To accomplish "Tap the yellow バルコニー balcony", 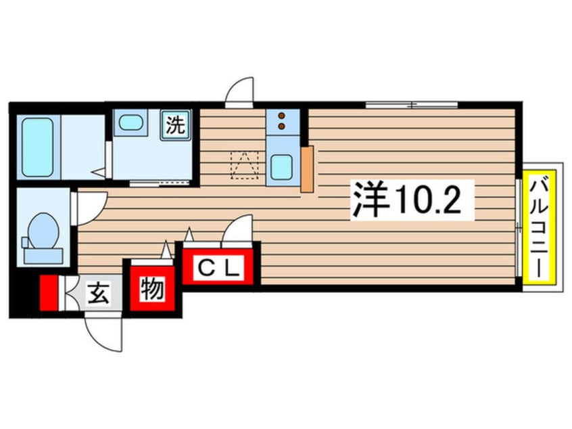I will click(x=540, y=226).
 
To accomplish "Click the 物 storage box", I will click(x=151, y=289).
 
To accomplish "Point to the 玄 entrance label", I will click(x=99, y=294).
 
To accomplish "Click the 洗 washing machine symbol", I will click(x=175, y=125).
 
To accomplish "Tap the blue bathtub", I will click(x=37, y=147).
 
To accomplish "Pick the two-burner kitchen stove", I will click(x=281, y=121).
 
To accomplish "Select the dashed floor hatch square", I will click(x=245, y=164).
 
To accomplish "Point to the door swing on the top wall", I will click(x=239, y=93).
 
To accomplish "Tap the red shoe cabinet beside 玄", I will click(x=49, y=294).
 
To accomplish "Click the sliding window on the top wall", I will click(x=412, y=105).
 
